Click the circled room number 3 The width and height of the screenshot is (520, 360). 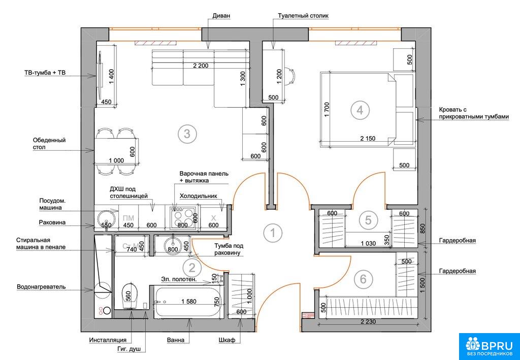(x=187, y=134)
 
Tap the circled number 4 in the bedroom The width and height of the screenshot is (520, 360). (x=360, y=110)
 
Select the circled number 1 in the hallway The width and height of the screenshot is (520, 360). (x=273, y=233)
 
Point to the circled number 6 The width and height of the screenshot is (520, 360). (x=363, y=279)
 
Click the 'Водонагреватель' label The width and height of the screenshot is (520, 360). (x=41, y=286)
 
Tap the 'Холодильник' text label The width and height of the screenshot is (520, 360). (x=199, y=196)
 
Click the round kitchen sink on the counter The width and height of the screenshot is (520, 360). (x=107, y=218)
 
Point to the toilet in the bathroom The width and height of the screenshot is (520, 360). (x=129, y=296)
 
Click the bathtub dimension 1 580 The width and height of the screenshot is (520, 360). (x=189, y=302)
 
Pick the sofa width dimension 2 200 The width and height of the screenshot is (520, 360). (x=201, y=66)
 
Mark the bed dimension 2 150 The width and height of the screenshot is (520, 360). (x=368, y=139)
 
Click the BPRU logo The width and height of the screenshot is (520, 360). (x=489, y=346)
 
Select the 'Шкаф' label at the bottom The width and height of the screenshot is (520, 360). (x=227, y=340)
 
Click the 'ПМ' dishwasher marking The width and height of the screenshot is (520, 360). (x=128, y=218)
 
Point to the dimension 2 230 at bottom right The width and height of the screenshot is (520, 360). (x=368, y=321)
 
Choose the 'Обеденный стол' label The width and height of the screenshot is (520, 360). (x=49, y=143)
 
